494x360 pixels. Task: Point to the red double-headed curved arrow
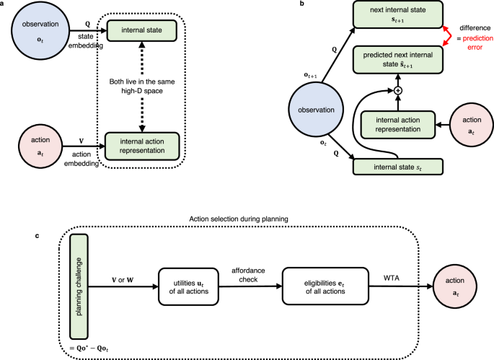[x=448, y=37]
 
